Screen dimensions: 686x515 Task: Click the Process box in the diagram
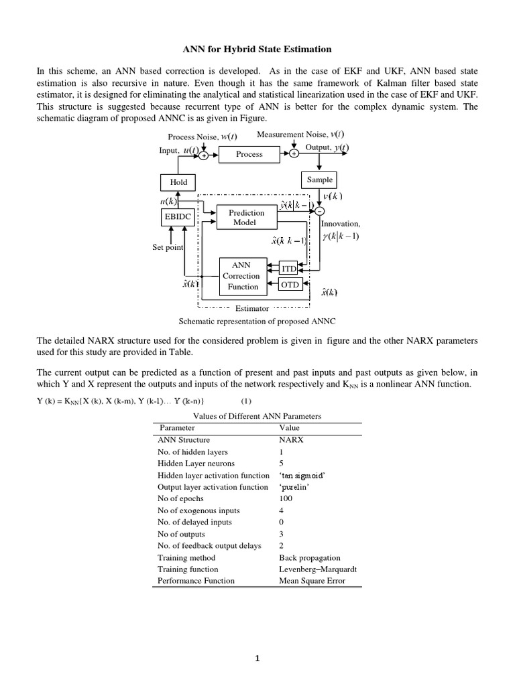(249, 154)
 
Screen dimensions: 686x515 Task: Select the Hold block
(178, 182)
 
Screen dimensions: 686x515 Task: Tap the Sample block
(319, 180)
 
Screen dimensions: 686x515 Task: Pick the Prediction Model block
(246, 217)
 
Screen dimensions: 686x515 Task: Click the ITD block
(288, 269)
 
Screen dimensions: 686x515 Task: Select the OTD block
(289, 285)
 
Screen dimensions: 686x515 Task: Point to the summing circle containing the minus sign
(319, 211)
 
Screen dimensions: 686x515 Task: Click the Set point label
(168, 247)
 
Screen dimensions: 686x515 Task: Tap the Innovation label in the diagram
(341, 224)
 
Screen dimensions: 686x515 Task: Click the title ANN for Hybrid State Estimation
(257, 49)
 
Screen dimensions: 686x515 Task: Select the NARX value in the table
(291, 440)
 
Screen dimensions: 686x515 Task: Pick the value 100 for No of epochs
(285, 498)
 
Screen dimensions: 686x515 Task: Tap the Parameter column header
(176, 427)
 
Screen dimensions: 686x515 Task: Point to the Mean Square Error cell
(312, 580)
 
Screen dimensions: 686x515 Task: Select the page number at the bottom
(257, 659)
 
